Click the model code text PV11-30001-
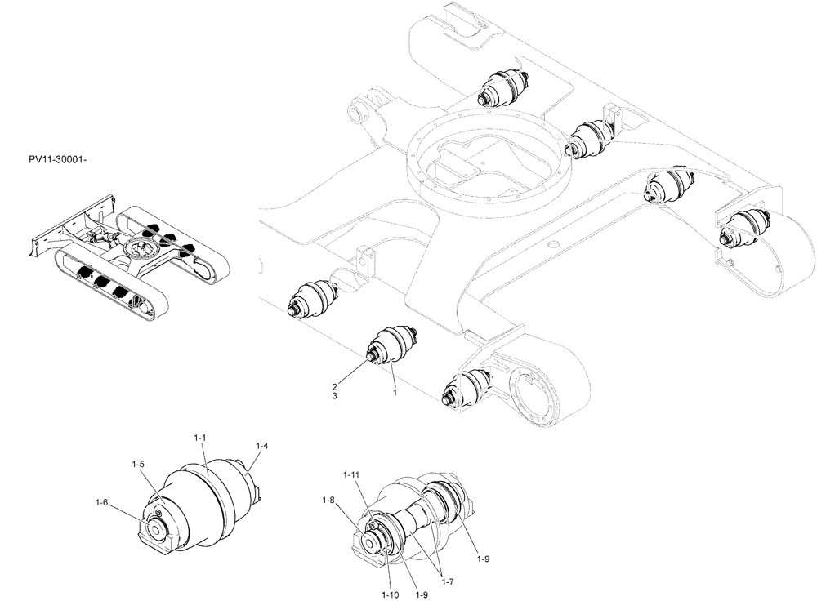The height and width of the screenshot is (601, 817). pos(56,158)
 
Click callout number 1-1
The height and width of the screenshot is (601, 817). pos(199,439)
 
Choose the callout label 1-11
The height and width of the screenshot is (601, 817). pos(350,474)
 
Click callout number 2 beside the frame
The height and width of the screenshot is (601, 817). pos(334,385)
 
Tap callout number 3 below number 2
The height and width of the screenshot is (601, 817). pos(334,396)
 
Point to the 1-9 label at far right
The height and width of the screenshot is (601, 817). pos(483,559)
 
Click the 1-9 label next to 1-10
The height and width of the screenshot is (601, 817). pos(422,595)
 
